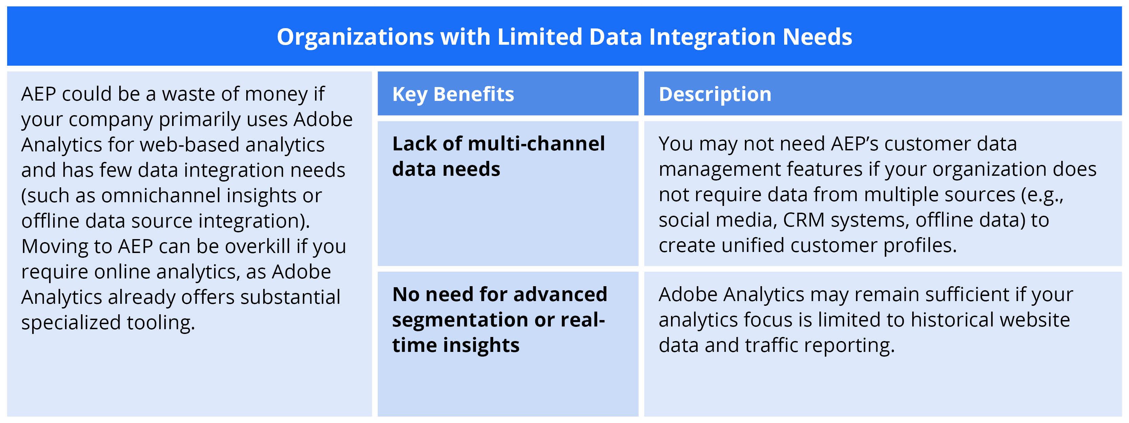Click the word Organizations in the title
coord(355,37)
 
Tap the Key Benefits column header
coord(453,94)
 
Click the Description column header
coord(715,94)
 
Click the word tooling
coord(161,323)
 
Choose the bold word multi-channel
coord(536,144)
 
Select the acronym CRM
coord(803,220)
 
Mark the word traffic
coord(771,345)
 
